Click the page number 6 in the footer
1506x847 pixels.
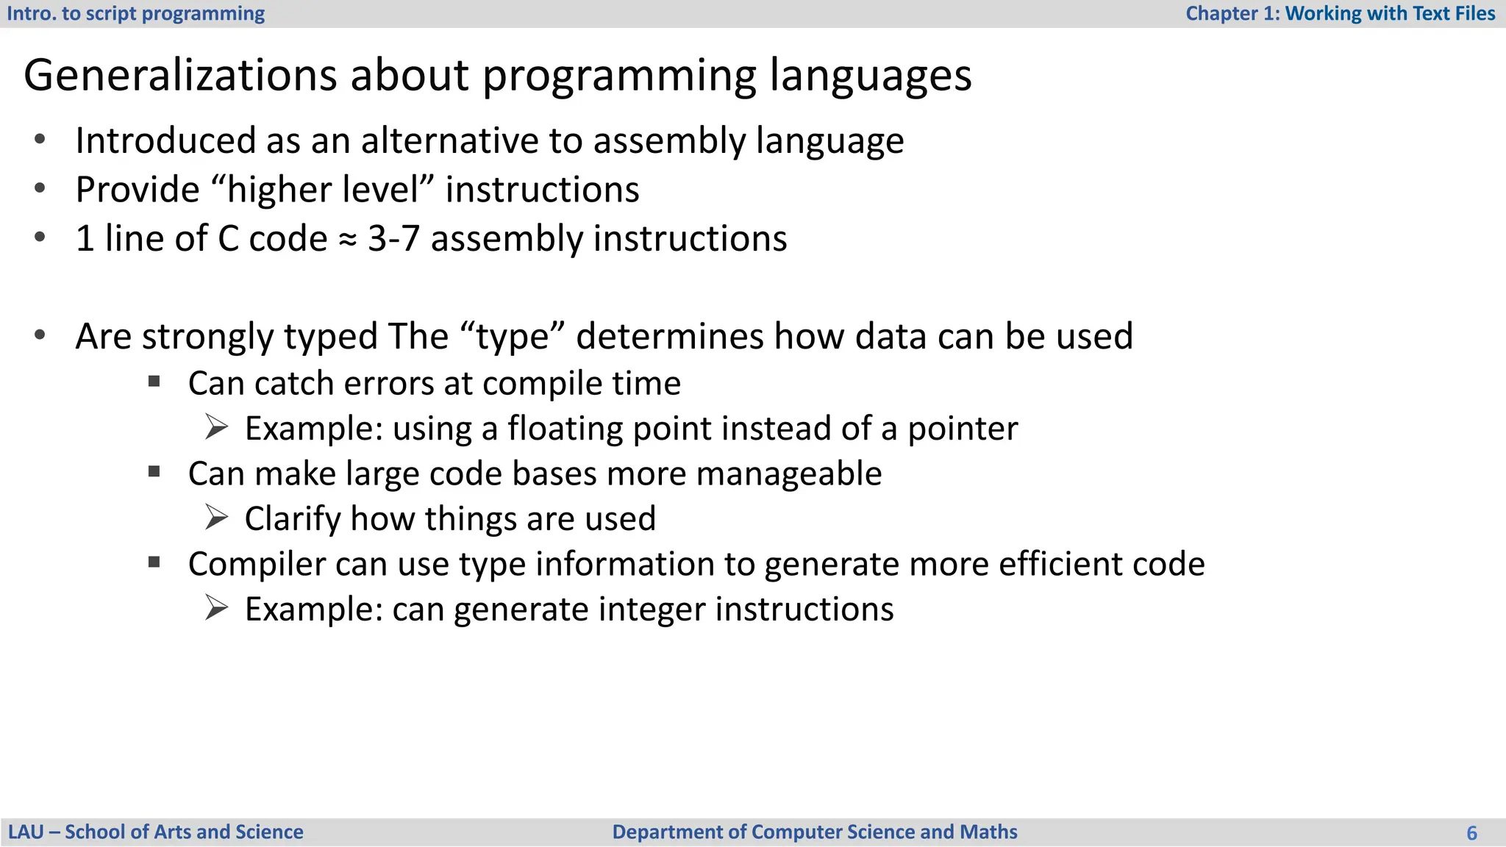point(1471,833)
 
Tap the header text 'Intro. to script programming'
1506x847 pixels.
point(136,13)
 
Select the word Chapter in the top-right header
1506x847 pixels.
point(1221,13)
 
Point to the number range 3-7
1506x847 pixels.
point(393,239)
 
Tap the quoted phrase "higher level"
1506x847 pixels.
point(323,190)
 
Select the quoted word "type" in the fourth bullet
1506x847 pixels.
point(513,337)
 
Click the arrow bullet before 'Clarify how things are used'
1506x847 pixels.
point(216,518)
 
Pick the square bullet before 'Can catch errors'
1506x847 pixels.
point(154,381)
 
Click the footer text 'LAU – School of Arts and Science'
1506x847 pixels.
point(155,832)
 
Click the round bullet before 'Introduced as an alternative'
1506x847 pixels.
point(40,139)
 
